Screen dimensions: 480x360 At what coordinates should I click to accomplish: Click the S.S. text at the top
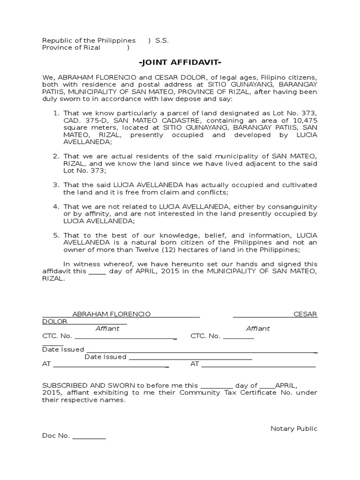162,41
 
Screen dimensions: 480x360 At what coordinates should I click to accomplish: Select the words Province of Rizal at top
71,48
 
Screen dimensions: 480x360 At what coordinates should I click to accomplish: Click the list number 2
55,156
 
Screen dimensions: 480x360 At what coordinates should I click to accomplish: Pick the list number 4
55,207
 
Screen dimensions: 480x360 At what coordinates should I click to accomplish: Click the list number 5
55,235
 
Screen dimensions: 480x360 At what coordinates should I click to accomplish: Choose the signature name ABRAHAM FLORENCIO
112,314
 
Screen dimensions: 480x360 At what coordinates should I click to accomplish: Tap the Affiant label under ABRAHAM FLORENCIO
107,329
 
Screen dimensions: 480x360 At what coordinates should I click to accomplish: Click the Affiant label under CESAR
258,329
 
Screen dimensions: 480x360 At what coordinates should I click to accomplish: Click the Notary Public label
294,429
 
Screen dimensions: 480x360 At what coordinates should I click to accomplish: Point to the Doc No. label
56,436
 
